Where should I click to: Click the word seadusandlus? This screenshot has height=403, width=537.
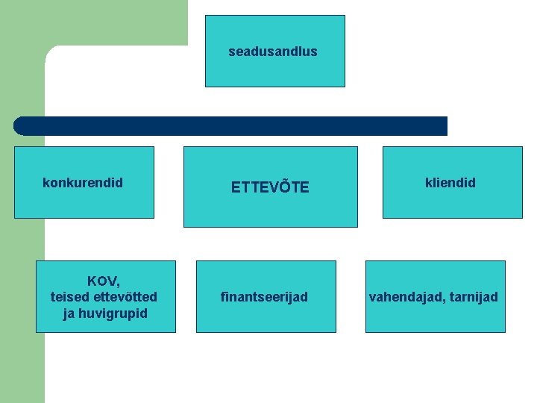tap(272, 51)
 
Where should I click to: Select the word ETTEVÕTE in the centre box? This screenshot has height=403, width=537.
tap(269, 187)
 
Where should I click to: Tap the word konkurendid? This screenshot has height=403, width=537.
tap(83, 183)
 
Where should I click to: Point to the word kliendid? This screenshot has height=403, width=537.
tap(450, 183)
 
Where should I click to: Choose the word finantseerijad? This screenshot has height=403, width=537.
tap(264, 297)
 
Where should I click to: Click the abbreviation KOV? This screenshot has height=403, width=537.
tap(103, 281)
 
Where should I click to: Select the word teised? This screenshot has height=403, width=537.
tap(69, 297)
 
